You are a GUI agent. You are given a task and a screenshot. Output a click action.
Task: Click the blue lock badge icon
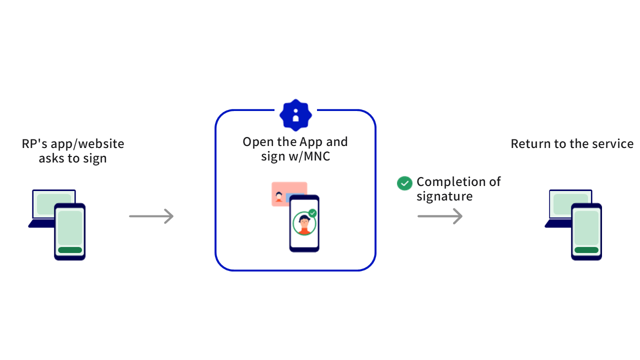[295, 115]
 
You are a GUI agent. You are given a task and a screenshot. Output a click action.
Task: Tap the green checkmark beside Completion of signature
[404, 183]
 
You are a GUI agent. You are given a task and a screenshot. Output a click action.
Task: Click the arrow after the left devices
[151, 216]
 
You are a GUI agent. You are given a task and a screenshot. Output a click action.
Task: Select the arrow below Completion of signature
[440, 216]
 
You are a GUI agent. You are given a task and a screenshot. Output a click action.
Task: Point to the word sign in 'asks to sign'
[95, 159]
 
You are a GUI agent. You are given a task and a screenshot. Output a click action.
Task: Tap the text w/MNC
[309, 156]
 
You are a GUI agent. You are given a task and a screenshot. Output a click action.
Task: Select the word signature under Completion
[444, 196]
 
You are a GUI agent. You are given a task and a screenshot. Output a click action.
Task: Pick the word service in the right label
[612, 144]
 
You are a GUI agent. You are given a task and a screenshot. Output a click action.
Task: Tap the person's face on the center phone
[303, 221]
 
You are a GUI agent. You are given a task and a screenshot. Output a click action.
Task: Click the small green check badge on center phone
[312, 213]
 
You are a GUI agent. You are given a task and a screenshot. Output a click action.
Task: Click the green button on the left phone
[70, 250]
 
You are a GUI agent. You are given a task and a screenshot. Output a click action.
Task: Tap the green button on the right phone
[586, 250]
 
